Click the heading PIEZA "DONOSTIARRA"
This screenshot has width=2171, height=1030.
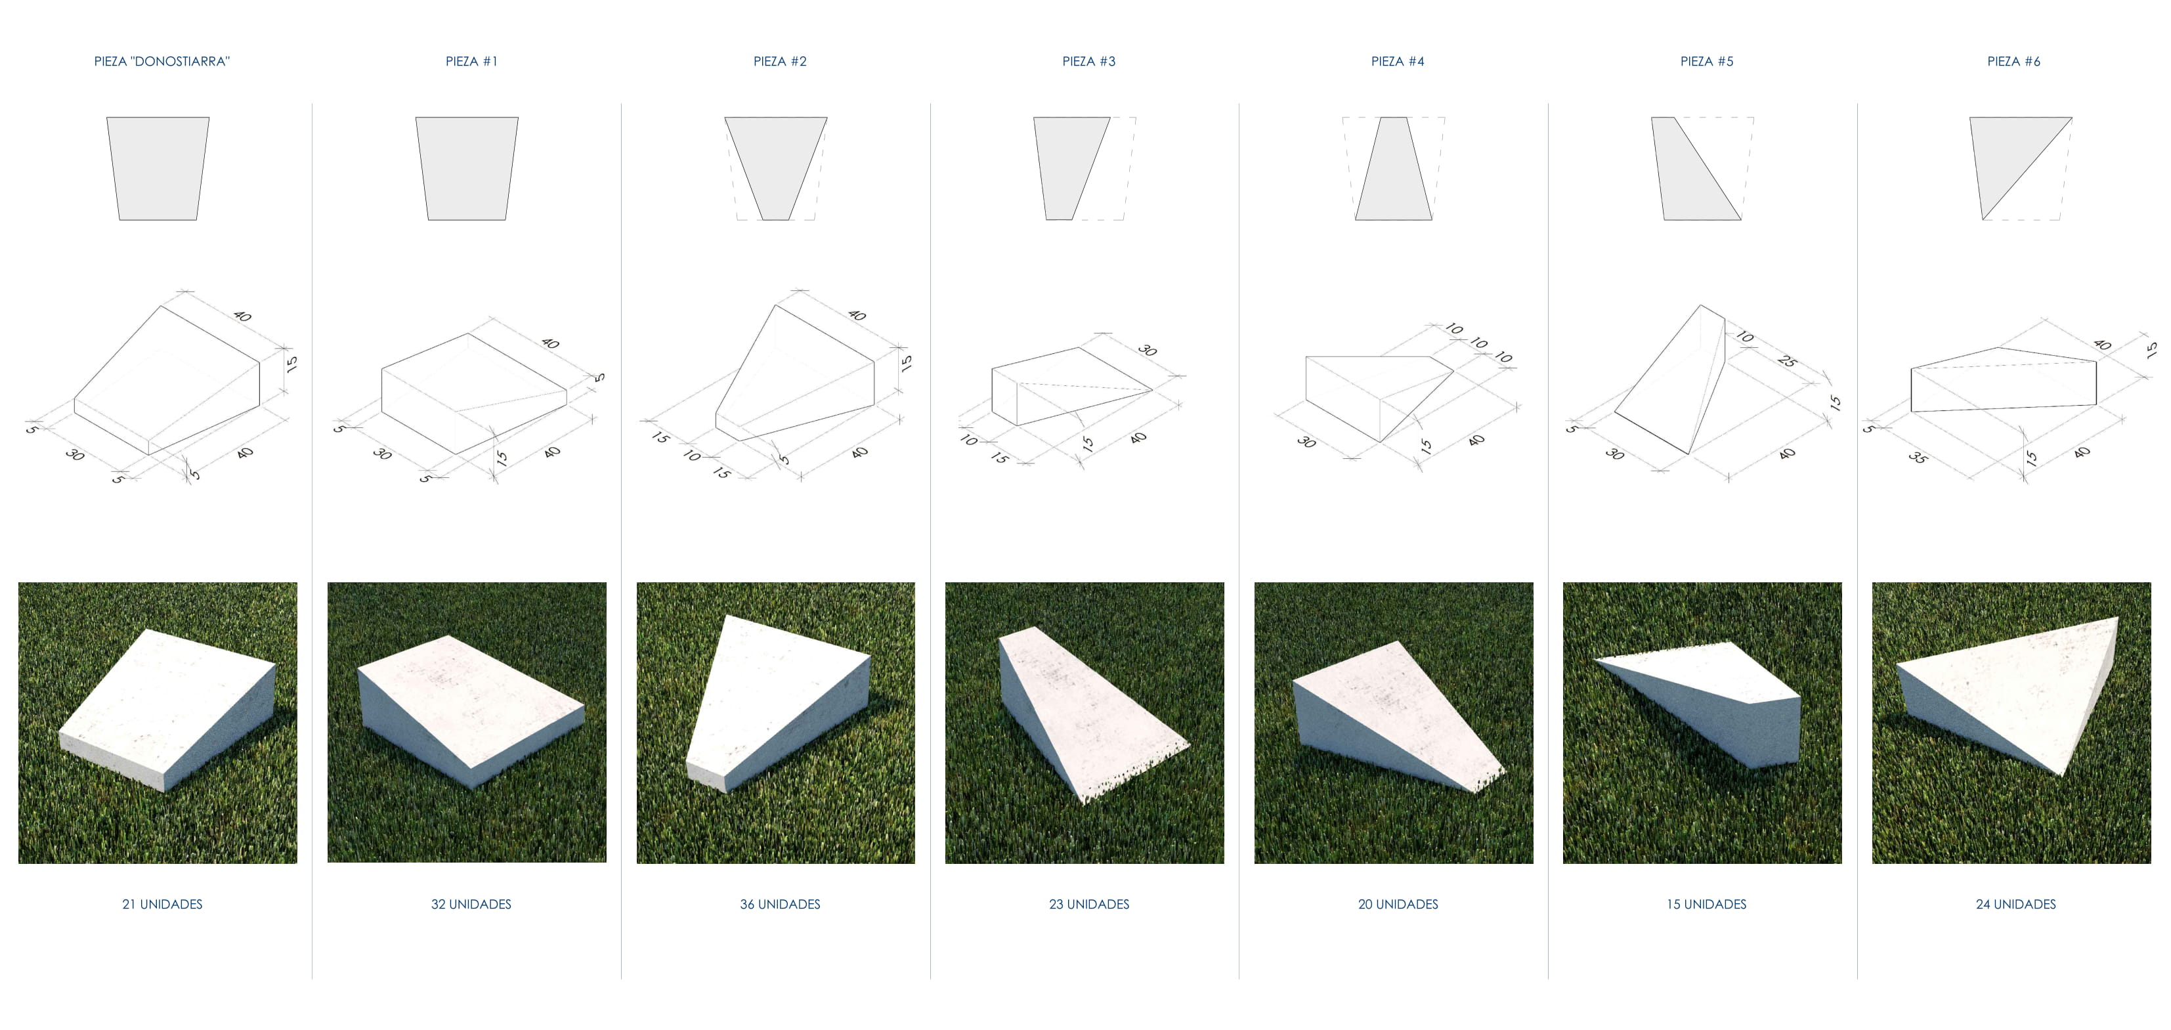point(161,62)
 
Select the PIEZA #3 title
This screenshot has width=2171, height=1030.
point(1089,62)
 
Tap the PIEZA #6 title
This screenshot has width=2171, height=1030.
point(2013,62)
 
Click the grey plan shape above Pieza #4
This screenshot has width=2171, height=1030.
point(1394,169)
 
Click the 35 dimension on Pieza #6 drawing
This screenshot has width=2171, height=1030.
point(1918,458)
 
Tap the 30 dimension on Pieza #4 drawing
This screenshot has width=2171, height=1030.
point(1306,442)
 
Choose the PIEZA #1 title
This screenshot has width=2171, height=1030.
point(471,62)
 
